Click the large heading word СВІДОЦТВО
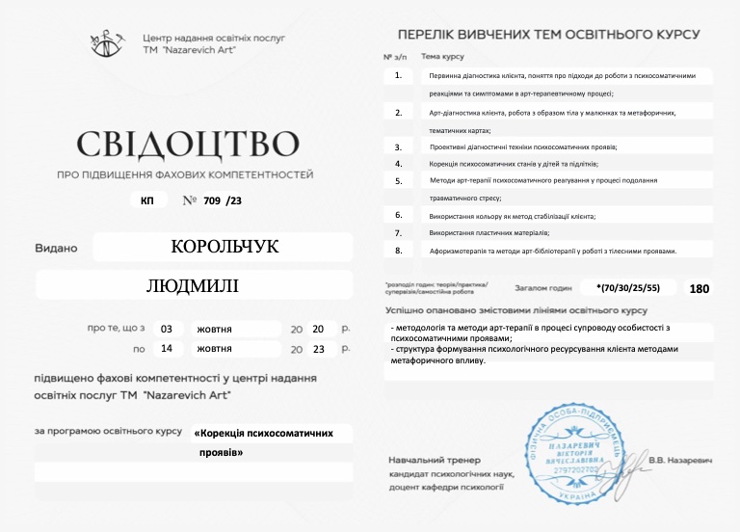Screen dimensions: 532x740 [187, 144]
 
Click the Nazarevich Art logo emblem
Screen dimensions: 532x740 [107, 41]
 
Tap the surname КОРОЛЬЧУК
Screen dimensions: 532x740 [224, 247]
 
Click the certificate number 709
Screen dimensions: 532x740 [213, 200]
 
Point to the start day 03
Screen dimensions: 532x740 [167, 329]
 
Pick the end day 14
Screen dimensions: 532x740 [167, 349]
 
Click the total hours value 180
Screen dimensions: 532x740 [700, 288]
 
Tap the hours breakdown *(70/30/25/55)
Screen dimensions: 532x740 [628, 287]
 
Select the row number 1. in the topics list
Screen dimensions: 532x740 [398, 74]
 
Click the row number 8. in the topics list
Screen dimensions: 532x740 [398, 251]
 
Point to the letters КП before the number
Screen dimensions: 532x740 [146, 200]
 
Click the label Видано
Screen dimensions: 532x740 [56, 248]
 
